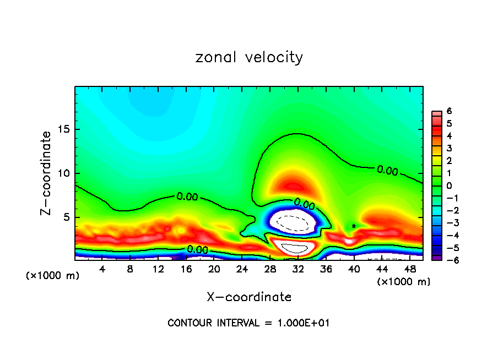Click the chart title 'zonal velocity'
coord(249,57)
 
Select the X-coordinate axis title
coord(249,297)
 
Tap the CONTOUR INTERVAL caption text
coord(248,323)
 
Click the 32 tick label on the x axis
coord(298,269)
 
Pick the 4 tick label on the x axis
coord(102,269)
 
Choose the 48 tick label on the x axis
coord(409,269)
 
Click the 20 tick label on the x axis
coord(214,269)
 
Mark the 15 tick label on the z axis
coord(64,130)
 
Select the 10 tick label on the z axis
coord(64,173)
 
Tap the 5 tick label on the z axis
coord(67,217)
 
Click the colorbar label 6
coord(449,111)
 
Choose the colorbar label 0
coord(449,186)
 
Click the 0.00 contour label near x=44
coord(387,171)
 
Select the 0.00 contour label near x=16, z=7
coord(187,197)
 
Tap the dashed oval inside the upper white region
coord(292,222)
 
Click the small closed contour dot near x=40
coord(354,226)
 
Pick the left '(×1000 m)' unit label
coord(53,276)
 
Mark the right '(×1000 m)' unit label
coord(403,282)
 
